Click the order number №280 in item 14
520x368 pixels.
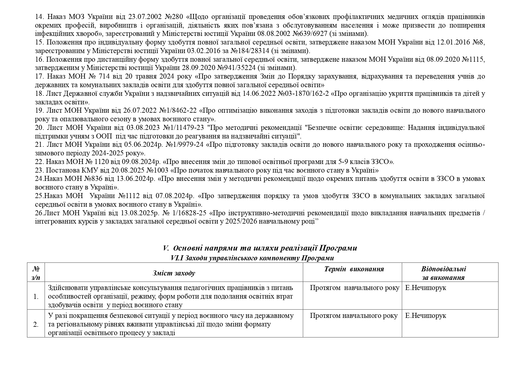point(178,17)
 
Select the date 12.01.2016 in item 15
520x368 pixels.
point(452,42)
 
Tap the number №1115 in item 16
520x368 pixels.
point(474,59)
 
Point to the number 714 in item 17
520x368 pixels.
point(105,76)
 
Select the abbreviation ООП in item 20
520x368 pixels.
point(105,136)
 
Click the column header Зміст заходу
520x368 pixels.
point(174,273)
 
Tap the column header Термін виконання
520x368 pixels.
point(354,269)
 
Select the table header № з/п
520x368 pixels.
point(36,273)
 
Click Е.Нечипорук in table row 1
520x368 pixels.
point(425,288)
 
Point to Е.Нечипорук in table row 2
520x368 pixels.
point(425,316)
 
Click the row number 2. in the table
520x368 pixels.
point(36,324)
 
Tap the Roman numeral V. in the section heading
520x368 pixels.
point(166,248)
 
